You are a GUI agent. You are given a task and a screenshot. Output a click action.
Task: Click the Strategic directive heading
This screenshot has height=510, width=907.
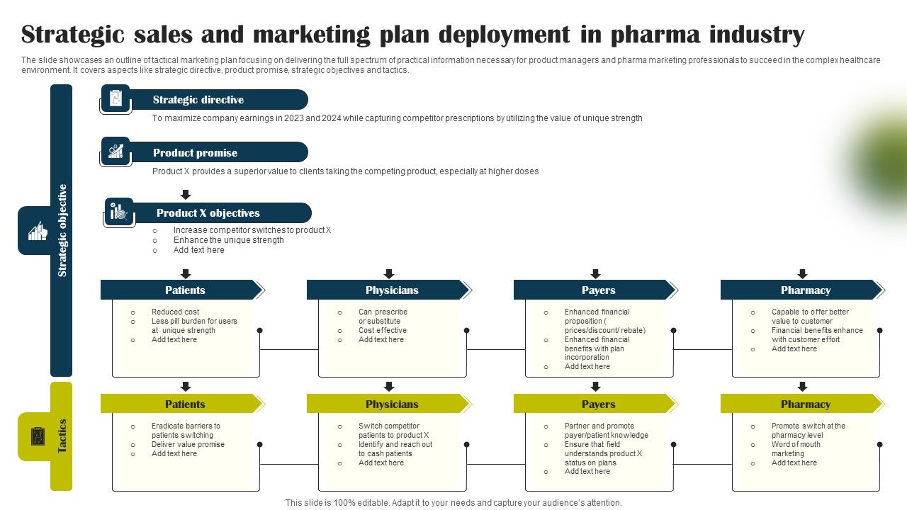pos(198,100)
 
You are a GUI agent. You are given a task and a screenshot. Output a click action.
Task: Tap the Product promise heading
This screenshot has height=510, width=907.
pos(195,152)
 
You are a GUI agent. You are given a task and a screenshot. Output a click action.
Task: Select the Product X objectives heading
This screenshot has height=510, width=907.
pos(208,213)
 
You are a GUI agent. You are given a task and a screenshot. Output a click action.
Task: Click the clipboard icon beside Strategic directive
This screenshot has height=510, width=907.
pos(116,98)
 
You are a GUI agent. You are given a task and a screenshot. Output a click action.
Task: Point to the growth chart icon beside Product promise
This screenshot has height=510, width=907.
pos(116,151)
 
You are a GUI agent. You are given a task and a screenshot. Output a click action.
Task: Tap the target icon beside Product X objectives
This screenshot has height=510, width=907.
pos(118,211)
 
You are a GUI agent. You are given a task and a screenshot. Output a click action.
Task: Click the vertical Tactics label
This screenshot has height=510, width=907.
pos(62,436)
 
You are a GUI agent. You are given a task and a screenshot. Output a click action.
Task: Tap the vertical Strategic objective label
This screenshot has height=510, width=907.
pos(62,230)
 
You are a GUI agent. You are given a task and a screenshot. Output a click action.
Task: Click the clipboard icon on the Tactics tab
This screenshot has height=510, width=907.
pos(38,436)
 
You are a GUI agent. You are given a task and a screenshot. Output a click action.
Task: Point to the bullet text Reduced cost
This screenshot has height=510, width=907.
pos(175,312)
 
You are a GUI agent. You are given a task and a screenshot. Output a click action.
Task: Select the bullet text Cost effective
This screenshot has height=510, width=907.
pos(382,330)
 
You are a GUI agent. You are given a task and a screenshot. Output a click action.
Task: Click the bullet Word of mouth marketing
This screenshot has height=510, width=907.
pos(796,449)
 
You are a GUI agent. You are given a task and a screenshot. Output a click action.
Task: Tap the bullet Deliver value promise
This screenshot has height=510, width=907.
pos(188,444)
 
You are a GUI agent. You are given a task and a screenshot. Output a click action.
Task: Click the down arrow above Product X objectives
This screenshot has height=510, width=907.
pos(186,194)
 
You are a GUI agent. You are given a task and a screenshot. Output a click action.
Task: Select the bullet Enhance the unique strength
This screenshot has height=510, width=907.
pos(228,240)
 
